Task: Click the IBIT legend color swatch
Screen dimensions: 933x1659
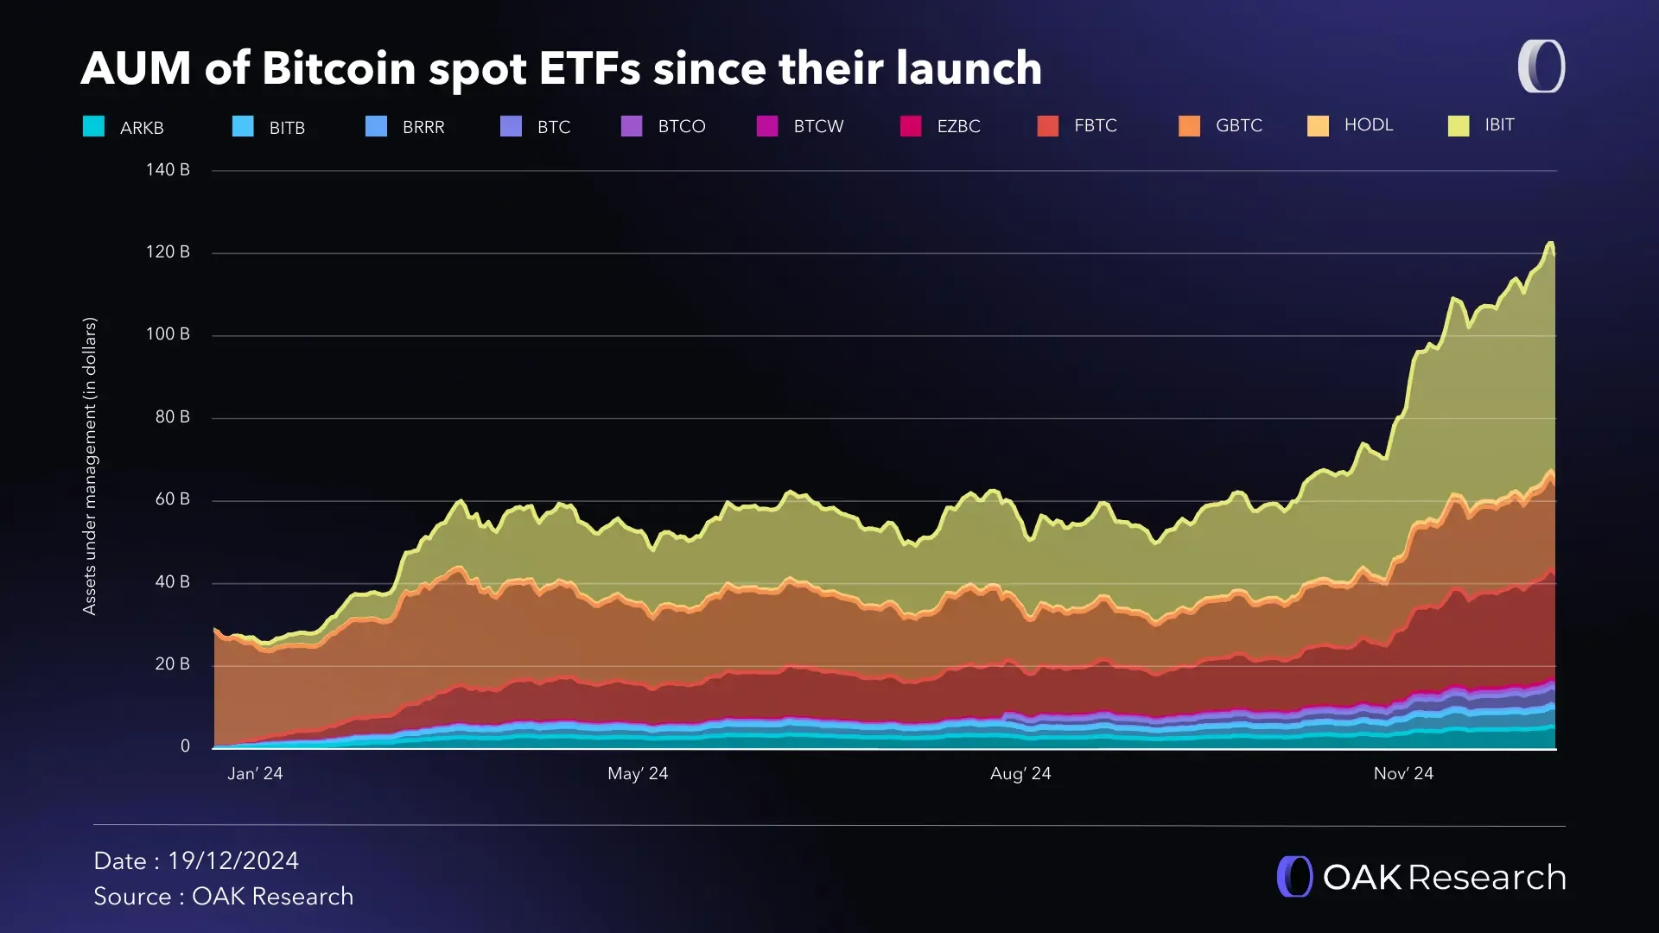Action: (x=1459, y=126)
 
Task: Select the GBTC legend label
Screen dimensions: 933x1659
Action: (x=1238, y=126)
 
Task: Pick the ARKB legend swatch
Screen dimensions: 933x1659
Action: (x=93, y=126)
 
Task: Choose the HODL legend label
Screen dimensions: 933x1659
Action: (x=1368, y=125)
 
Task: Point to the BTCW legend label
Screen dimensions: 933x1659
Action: (x=818, y=127)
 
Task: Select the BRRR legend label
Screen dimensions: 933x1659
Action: (x=423, y=128)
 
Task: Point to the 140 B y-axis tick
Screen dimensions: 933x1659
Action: (x=168, y=170)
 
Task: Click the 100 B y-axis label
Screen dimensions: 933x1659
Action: (x=168, y=334)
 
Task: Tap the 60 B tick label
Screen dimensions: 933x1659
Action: (x=172, y=499)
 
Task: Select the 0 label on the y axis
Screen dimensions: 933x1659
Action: (x=185, y=746)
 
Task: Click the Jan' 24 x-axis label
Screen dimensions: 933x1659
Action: (x=255, y=774)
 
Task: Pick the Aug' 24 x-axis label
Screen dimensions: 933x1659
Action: (x=1020, y=774)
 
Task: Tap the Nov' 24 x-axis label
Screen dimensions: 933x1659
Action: (x=1403, y=774)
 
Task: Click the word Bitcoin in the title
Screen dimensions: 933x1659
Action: (x=338, y=68)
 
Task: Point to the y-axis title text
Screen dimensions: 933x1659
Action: (x=90, y=466)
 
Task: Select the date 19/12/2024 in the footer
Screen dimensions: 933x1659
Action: (x=233, y=861)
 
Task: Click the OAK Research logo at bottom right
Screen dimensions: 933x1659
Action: (x=1421, y=877)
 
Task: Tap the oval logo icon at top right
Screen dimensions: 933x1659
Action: (x=1541, y=67)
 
